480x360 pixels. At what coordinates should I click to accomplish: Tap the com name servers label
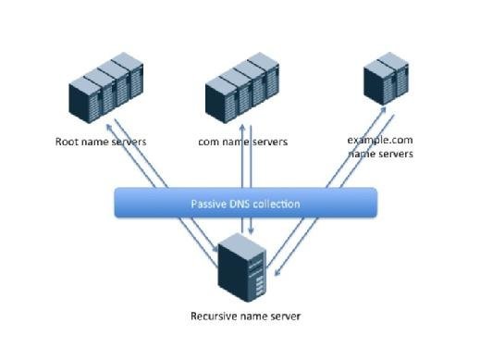(242, 142)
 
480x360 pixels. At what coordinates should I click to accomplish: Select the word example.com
(379, 140)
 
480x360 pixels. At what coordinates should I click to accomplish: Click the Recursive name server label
(245, 316)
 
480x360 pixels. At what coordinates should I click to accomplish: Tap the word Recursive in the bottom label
(215, 316)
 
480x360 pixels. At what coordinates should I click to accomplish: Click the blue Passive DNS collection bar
(245, 203)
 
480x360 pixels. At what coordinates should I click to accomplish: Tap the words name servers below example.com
(380, 154)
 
